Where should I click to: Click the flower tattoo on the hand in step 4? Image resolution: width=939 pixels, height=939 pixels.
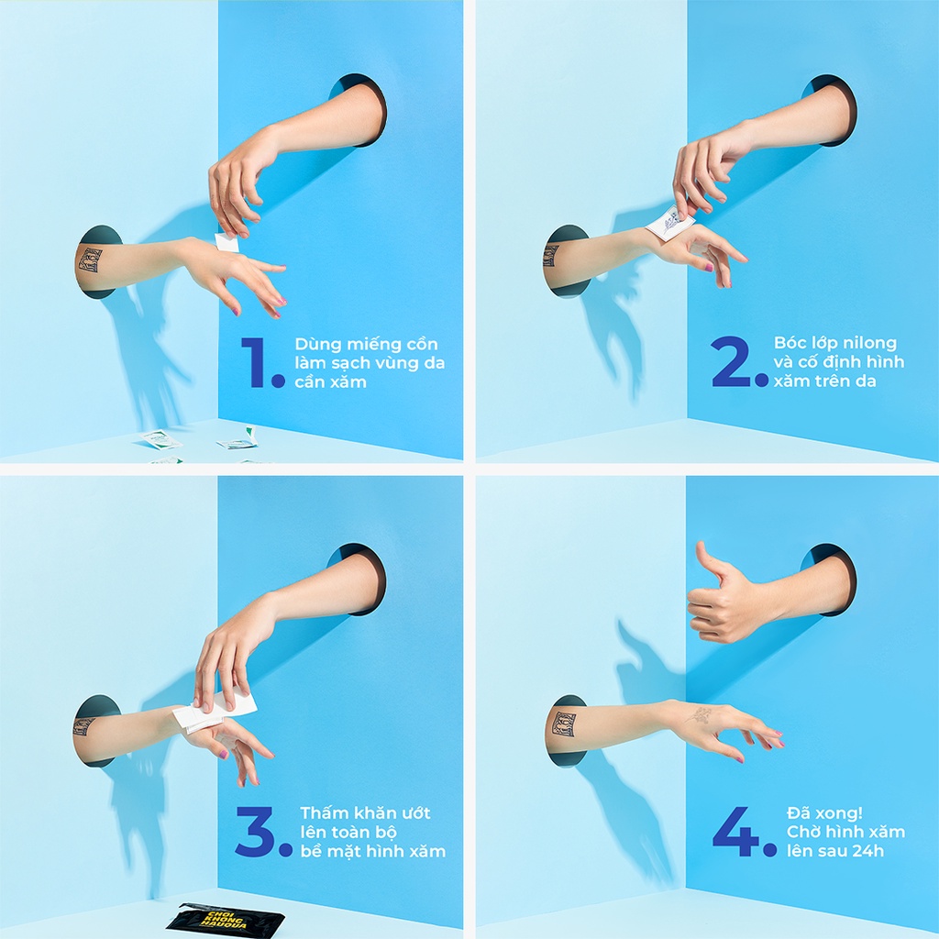point(699,714)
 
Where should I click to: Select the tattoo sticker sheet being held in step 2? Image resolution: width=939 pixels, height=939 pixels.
point(670,223)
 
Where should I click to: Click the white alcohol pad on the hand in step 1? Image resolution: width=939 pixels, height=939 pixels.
point(227,242)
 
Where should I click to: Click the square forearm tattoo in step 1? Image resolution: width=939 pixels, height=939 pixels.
point(90,260)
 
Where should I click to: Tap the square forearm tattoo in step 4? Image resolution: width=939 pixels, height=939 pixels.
point(564,724)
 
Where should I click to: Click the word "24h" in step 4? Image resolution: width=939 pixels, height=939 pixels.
point(867,850)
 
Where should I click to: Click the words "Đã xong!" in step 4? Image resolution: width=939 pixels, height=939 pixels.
point(824,812)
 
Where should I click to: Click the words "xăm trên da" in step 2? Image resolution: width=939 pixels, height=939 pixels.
point(824,381)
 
